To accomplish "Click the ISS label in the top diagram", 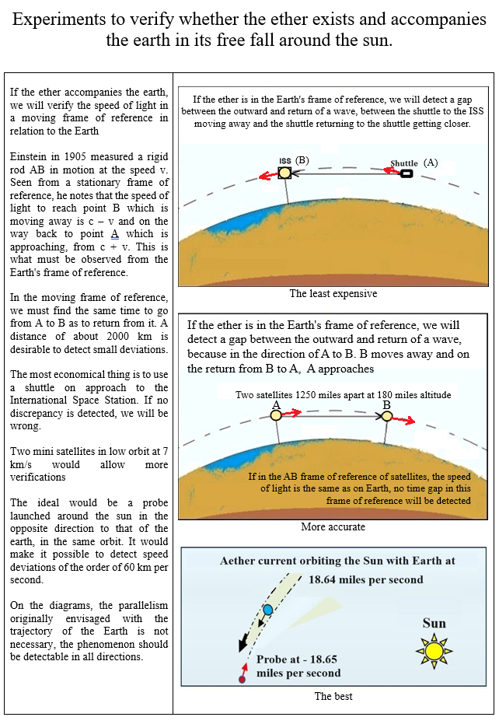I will pyautogui.click(x=284, y=161).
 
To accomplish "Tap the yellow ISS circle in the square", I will pyautogui.click(x=285, y=173).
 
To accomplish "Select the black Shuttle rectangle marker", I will pyautogui.click(x=406, y=173).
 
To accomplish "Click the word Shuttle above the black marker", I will pyautogui.click(x=404, y=163).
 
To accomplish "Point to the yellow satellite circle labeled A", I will pyautogui.click(x=276, y=416).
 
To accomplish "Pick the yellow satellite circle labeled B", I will pyautogui.click(x=387, y=417).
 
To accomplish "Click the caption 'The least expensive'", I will pyautogui.click(x=333, y=294).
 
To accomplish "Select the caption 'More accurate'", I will pyautogui.click(x=333, y=527).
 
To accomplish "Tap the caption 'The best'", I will pyautogui.click(x=333, y=696).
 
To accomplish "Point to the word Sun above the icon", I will pyautogui.click(x=434, y=623).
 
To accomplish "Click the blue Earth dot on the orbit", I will pyautogui.click(x=268, y=610).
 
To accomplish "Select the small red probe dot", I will pyautogui.click(x=242, y=680).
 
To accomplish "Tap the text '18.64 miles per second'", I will pyautogui.click(x=365, y=579).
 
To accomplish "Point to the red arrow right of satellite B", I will pyautogui.click(x=404, y=421).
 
